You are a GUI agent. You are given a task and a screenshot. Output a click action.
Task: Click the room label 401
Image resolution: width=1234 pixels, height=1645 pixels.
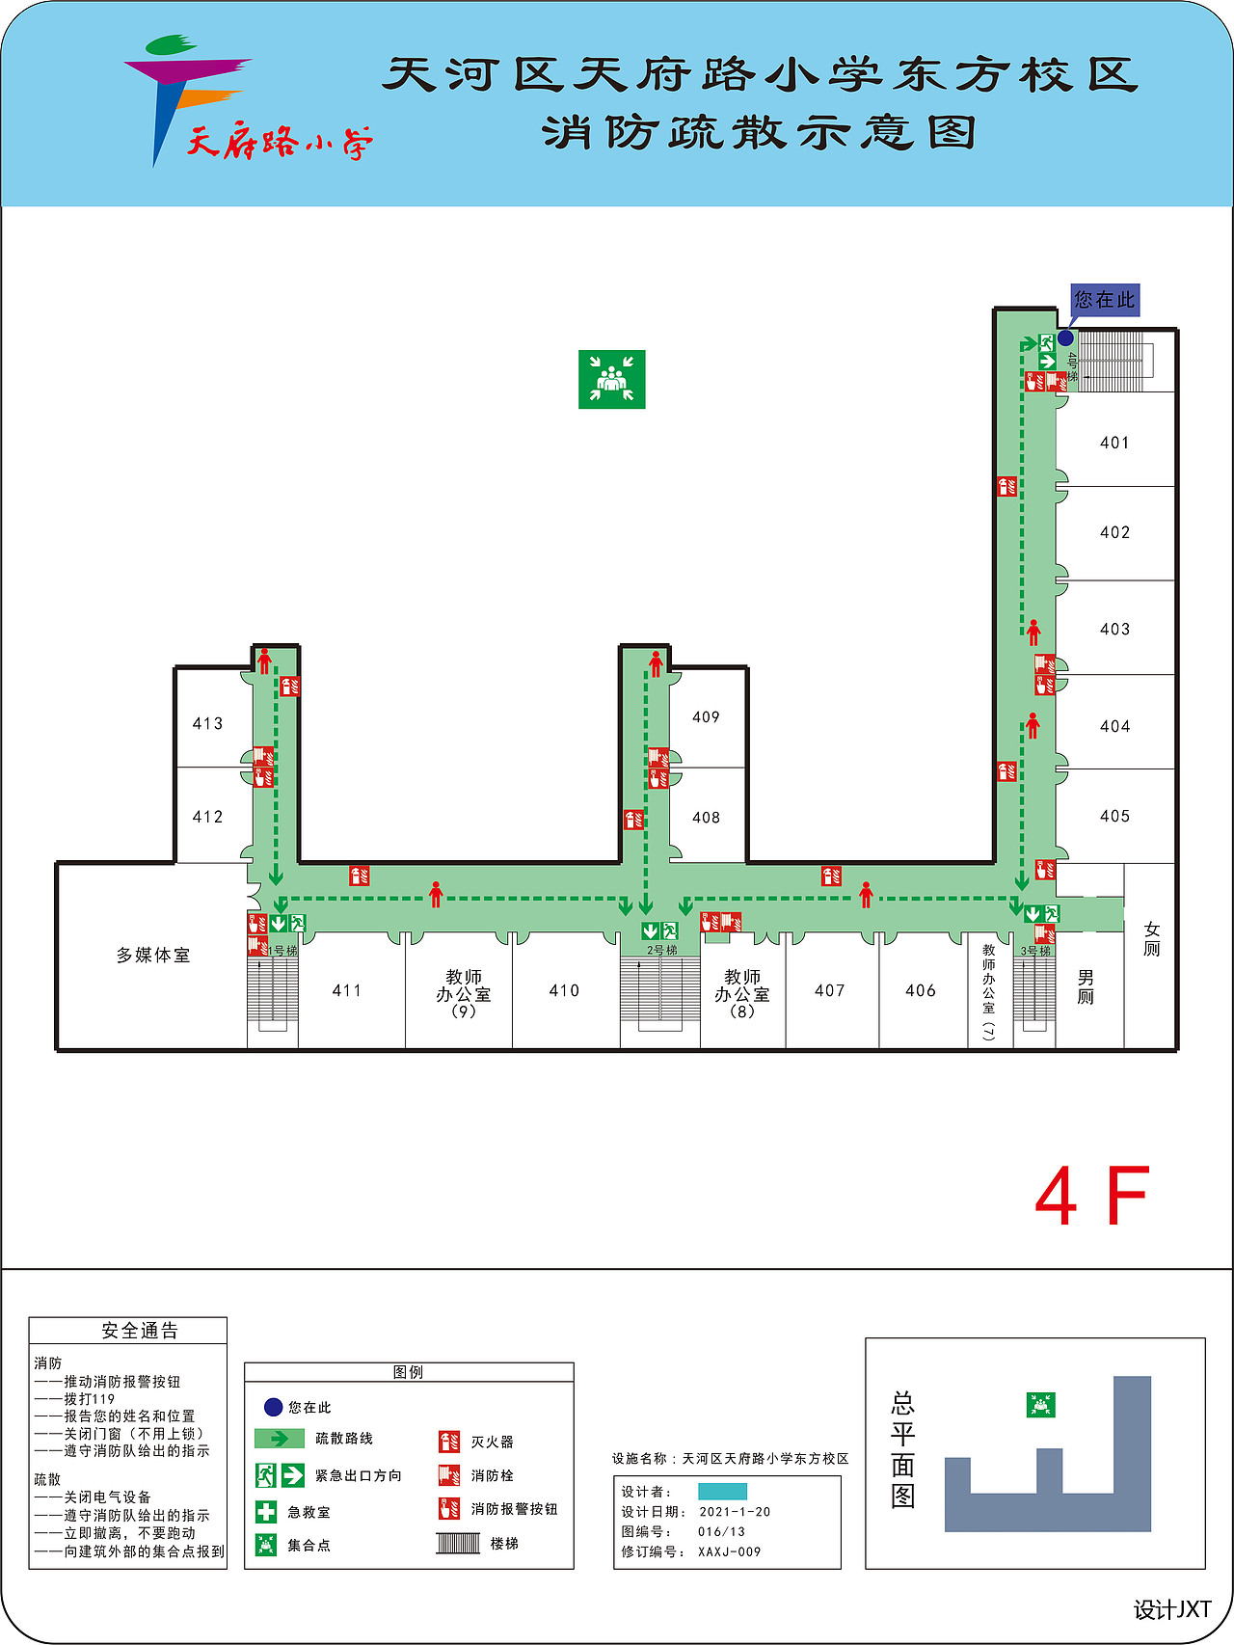point(1114,443)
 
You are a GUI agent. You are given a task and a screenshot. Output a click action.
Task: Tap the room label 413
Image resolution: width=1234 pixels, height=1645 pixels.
point(207,723)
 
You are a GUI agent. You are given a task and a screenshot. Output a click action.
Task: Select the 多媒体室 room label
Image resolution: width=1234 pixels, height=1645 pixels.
point(153,955)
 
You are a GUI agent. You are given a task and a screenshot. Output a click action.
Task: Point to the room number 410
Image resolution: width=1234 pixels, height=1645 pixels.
point(564,990)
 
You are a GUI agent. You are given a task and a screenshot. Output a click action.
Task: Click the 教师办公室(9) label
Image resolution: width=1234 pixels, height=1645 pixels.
point(464,993)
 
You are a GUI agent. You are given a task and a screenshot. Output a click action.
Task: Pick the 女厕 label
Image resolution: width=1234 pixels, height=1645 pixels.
point(1152,938)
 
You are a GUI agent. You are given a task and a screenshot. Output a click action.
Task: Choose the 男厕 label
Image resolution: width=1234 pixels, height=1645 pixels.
point(1086,986)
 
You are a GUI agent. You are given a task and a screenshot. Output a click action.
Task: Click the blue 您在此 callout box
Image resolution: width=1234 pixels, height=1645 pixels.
point(1105,300)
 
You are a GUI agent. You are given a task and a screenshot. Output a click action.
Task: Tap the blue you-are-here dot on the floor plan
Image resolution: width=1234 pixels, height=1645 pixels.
point(1065,337)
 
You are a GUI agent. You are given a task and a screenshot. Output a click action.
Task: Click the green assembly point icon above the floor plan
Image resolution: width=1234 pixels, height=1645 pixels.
point(611,379)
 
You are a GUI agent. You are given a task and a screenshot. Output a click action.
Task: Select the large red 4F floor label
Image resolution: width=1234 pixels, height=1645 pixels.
point(1092,1197)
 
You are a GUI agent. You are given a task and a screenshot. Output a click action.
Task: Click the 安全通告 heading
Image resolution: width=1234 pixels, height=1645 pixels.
point(140,1331)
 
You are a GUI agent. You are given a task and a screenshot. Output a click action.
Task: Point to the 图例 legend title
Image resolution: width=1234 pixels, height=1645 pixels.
point(408,1372)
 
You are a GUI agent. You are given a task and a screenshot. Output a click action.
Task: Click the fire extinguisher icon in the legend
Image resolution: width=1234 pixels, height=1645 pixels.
point(448,1442)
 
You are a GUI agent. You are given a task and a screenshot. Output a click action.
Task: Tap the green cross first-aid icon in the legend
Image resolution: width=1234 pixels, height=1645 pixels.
point(266,1512)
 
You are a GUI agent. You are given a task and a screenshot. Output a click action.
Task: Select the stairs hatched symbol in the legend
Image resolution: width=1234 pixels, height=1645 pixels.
point(458,1543)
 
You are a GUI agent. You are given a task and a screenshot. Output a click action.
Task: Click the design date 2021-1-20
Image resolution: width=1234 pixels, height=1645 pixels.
point(735,1512)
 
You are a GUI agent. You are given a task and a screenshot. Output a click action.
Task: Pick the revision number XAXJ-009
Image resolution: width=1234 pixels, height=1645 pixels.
point(730,1551)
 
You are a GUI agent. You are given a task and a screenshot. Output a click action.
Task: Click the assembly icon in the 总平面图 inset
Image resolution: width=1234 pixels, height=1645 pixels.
point(1040,1405)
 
